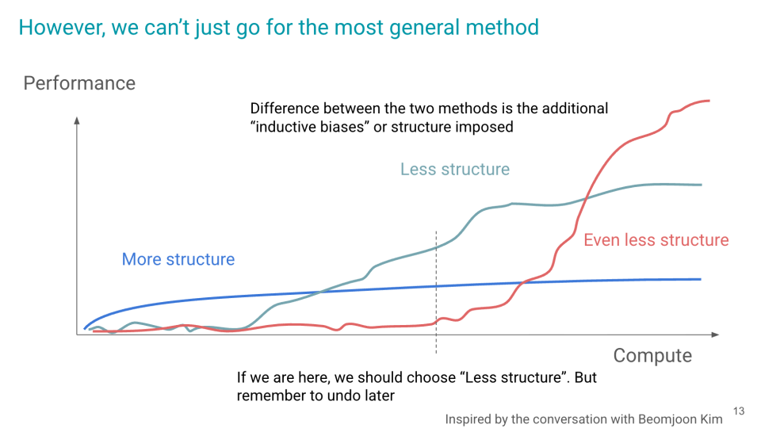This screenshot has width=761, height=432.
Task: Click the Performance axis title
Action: [79, 83]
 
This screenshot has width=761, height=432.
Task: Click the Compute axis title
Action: [652, 356]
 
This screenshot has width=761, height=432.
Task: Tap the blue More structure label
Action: [178, 259]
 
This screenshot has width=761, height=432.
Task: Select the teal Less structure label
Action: [455, 169]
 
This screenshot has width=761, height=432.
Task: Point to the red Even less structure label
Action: [656, 240]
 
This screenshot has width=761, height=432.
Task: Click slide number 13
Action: [739, 411]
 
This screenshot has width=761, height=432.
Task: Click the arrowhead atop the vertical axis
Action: [77, 120]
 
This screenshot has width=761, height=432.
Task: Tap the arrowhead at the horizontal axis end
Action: [715, 335]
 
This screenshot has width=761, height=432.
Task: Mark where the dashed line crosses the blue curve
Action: [436, 286]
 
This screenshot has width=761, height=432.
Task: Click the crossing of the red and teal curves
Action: [587, 197]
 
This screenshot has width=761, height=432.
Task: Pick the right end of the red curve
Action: [709, 101]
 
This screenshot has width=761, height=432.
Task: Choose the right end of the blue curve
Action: [700, 279]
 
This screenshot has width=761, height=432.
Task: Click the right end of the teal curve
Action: [701, 185]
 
